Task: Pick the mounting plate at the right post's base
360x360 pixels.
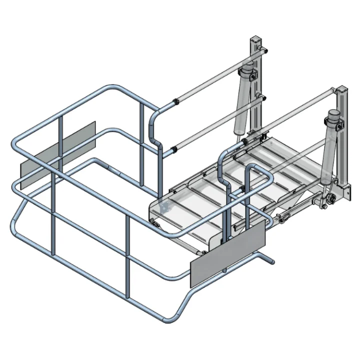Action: pos(344,190)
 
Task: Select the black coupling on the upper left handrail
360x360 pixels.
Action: pos(175,103)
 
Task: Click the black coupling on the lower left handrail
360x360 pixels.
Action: pos(173,148)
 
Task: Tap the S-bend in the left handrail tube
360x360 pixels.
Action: pos(154,130)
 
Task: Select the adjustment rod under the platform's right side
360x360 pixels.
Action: pos(295,212)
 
